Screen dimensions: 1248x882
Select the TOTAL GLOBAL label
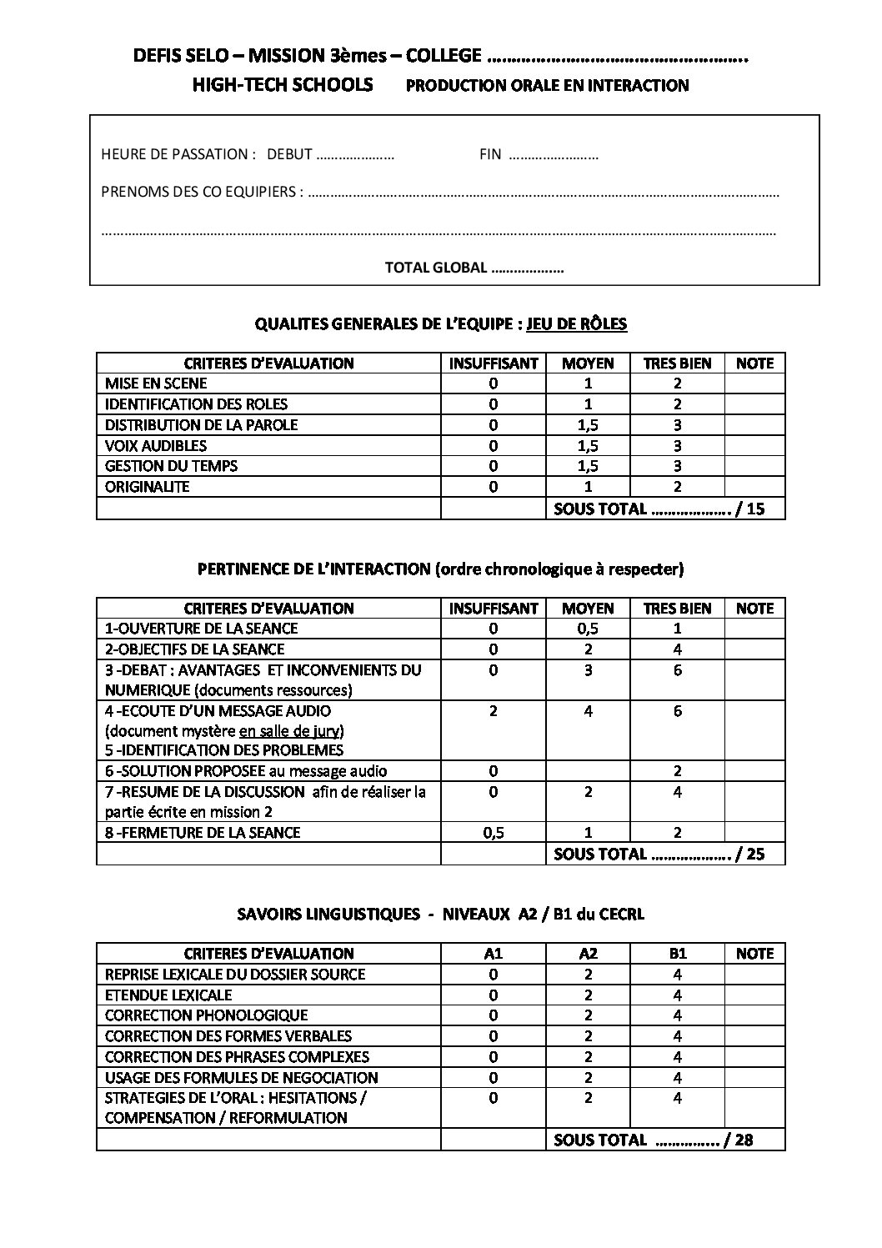click(435, 268)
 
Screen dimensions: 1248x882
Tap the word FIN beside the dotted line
click(490, 154)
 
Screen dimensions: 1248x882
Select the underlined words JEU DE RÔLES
click(577, 323)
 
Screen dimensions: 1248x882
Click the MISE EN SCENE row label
click(156, 383)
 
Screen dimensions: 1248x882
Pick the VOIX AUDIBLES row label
click(156, 445)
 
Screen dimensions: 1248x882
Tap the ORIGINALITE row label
click(148, 487)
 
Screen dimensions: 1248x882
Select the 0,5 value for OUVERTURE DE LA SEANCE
click(588, 629)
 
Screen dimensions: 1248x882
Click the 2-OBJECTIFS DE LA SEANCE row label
click(195, 649)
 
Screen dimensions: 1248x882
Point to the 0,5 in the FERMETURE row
click(494, 833)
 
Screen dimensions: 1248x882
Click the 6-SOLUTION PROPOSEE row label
click(246, 771)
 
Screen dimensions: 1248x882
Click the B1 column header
click(677, 954)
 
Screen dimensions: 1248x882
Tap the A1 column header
click(494, 954)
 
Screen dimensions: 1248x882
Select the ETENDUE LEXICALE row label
click(168, 995)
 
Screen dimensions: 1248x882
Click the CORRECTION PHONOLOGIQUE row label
click(207, 1015)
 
